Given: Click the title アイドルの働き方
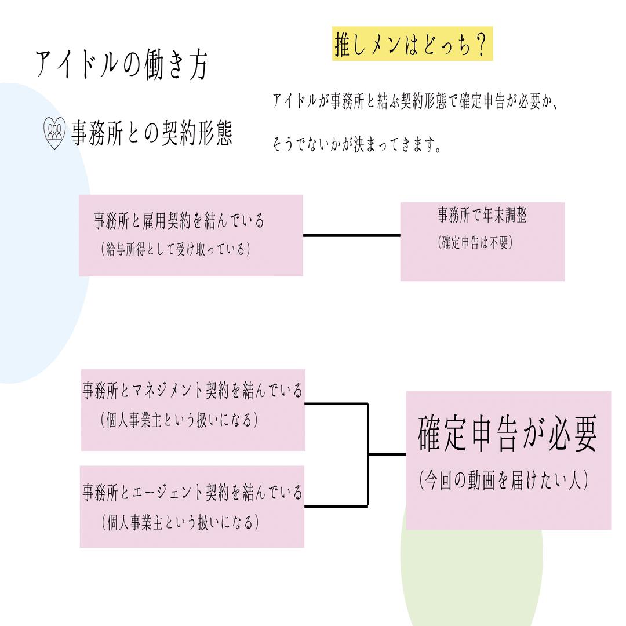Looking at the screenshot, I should (x=122, y=65).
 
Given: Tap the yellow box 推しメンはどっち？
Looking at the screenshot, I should (x=412, y=44).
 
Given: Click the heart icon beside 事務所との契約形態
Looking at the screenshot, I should (x=55, y=134).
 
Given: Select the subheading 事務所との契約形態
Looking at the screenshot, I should (x=152, y=134).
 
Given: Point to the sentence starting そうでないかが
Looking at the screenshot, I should (x=357, y=145).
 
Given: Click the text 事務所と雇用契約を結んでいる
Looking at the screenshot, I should (x=179, y=221).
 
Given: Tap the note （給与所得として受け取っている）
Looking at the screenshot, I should (x=175, y=249).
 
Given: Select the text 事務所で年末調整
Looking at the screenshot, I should (x=482, y=216).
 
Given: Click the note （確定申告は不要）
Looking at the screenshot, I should (x=475, y=243).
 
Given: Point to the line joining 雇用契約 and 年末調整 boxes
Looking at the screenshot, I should (x=351, y=235).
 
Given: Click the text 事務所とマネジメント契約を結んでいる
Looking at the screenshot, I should (x=192, y=391).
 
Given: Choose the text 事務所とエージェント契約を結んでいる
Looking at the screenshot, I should (x=192, y=493).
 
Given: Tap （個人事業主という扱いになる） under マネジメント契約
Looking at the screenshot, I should (x=179, y=420).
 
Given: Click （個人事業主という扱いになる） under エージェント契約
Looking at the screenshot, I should (x=179, y=523).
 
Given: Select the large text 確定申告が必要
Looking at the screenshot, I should (x=507, y=434).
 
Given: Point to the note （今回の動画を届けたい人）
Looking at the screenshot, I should (x=504, y=481).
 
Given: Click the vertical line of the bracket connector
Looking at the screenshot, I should (x=368, y=454).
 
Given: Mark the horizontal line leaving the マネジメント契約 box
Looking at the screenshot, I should (x=336, y=403).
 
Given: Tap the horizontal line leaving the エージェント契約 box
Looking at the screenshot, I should (x=336, y=506).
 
